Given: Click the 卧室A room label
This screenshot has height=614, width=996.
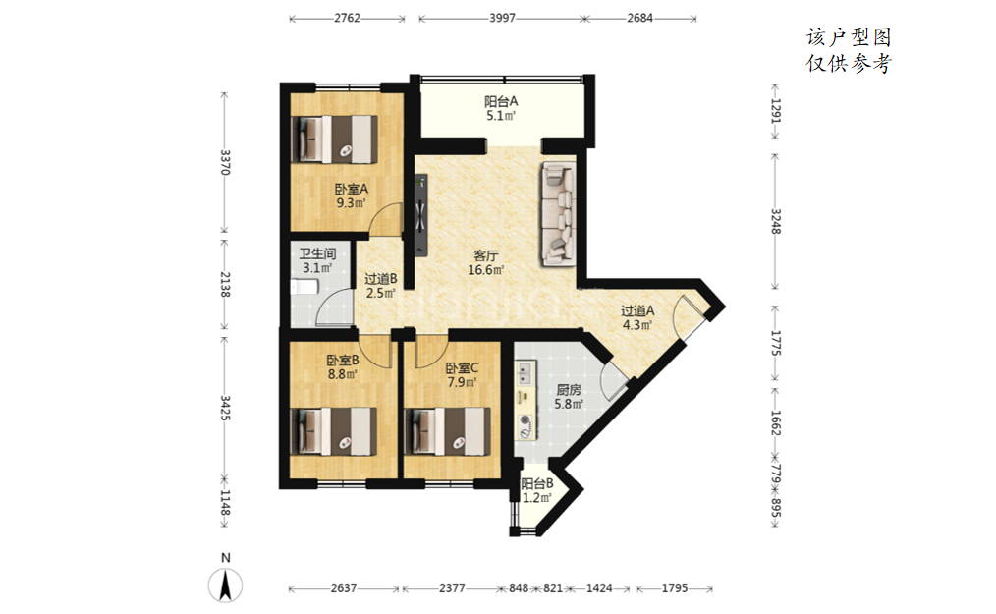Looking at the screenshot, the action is (x=352, y=189).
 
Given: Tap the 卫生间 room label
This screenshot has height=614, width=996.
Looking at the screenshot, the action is (x=317, y=253).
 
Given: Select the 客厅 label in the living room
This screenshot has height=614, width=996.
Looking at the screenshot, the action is (x=486, y=255).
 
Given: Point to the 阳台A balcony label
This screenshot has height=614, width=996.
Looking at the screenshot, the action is (x=501, y=101).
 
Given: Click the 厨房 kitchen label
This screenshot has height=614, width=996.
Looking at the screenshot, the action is (x=569, y=390).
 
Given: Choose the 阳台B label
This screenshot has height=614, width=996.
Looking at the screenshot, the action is (x=536, y=483).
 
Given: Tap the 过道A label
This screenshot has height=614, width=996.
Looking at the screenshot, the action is (x=637, y=310).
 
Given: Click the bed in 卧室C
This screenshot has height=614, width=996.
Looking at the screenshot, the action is (x=448, y=431).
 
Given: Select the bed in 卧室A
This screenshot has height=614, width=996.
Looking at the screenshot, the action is (x=334, y=139).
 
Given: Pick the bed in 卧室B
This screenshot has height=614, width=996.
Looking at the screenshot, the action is (x=334, y=431).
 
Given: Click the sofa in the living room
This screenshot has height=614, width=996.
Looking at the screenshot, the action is (x=559, y=213).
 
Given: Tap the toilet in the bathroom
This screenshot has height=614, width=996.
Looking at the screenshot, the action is (x=304, y=287).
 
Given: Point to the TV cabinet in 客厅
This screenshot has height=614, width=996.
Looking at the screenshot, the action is (x=420, y=215).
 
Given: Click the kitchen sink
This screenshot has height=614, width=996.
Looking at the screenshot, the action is (x=526, y=373).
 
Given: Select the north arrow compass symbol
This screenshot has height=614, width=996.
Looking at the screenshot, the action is (x=226, y=585).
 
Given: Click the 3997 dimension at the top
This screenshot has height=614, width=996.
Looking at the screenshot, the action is (x=502, y=18).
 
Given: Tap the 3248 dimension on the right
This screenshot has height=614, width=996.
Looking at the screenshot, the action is (x=775, y=221).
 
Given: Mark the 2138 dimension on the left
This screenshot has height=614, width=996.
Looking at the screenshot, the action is (x=225, y=284).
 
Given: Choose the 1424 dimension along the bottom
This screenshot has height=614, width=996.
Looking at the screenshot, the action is (x=599, y=587).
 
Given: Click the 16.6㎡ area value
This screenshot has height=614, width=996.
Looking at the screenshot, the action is (x=486, y=270).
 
